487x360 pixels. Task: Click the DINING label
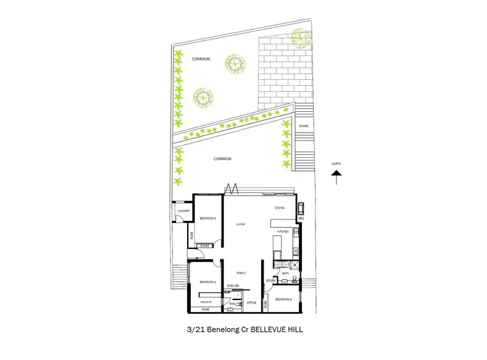coord(279,208)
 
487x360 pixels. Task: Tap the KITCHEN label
coord(282,231)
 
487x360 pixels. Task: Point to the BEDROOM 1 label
coord(206,282)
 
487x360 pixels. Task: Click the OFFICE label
coord(252,303)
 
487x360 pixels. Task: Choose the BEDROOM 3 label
coord(282,299)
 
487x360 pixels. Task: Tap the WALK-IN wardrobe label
coord(206,302)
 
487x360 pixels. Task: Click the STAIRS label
coord(303,125)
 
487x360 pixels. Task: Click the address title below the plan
coord(243,329)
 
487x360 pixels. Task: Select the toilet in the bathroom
coord(294,280)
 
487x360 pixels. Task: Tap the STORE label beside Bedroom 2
coord(204,246)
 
